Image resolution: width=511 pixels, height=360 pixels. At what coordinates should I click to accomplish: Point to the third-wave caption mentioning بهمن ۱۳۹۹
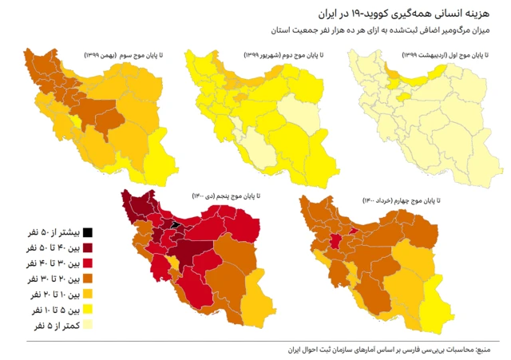[124, 55]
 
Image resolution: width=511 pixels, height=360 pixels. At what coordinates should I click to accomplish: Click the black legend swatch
[89, 232]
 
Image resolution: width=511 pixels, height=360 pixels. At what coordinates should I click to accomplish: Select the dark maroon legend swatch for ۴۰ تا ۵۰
[89, 247]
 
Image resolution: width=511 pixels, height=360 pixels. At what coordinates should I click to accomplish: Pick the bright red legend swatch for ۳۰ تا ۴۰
[89, 263]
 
